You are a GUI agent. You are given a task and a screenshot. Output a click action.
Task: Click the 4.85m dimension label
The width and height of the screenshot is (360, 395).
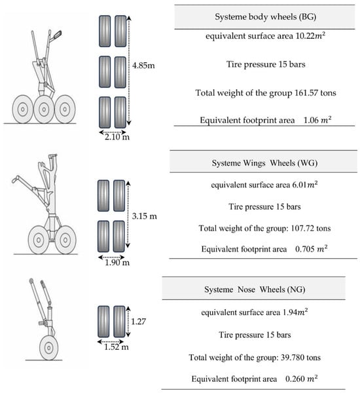pyautogui.click(x=143, y=66)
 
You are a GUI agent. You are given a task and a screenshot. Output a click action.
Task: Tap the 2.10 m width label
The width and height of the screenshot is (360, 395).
pyautogui.click(x=117, y=137)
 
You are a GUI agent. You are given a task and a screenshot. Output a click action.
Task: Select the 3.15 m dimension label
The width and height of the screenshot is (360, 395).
pyautogui.click(x=144, y=216)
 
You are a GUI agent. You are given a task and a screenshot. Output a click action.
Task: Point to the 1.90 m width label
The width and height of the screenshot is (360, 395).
pyautogui.click(x=117, y=263)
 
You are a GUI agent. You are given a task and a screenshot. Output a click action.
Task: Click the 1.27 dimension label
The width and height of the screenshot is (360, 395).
pyautogui.click(x=139, y=322)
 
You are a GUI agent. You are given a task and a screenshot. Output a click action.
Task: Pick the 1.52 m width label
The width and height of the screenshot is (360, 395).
pyautogui.click(x=117, y=347)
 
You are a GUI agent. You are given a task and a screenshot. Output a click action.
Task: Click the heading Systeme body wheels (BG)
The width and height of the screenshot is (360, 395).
pyautogui.click(x=265, y=17)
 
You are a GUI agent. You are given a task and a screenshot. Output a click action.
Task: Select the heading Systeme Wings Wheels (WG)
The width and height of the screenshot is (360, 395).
pyautogui.click(x=264, y=163)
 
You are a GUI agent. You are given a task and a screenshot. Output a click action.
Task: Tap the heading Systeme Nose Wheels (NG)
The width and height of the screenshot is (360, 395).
pyautogui.click(x=255, y=290)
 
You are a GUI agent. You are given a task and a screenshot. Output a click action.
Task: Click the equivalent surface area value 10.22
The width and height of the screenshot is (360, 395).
pyautogui.click(x=306, y=36)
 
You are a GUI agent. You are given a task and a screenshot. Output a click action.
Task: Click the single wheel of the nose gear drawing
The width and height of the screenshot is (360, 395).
pyautogui.click(x=48, y=348)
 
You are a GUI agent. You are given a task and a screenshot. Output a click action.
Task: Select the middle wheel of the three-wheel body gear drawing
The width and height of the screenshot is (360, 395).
pyautogui.click(x=44, y=109)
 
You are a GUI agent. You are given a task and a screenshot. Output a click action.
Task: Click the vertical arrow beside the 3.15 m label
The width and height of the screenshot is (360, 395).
pyautogui.click(x=128, y=214)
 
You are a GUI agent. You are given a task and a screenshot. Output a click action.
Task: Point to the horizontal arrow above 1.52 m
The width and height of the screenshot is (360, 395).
pyautogui.click(x=111, y=341)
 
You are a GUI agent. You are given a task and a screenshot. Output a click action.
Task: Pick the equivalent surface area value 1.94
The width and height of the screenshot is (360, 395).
pyautogui.click(x=290, y=312)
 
